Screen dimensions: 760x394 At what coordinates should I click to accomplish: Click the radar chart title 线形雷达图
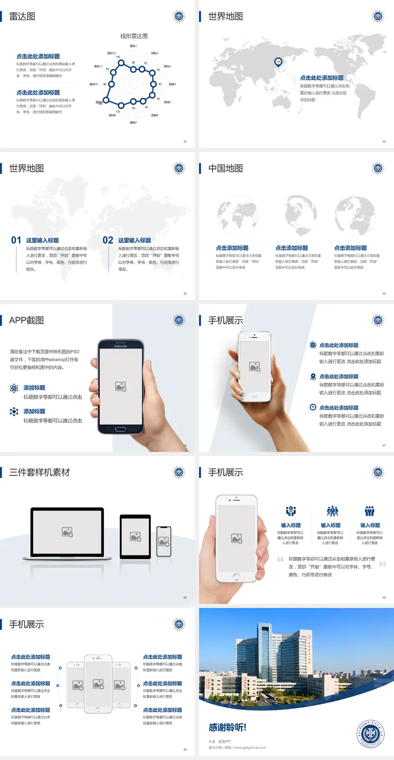coord(134,36)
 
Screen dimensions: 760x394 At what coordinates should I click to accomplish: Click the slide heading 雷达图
coord(22,16)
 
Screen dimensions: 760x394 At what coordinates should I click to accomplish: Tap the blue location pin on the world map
coord(278,62)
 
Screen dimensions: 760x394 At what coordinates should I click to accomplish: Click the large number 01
coord(16,240)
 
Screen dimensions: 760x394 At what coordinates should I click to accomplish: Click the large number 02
coord(108,240)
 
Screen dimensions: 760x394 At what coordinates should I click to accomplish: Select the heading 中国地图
coord(225,168)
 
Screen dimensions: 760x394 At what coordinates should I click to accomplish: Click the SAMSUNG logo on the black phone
coord(121,346)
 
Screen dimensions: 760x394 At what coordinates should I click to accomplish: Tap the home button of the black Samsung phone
coord(120,429)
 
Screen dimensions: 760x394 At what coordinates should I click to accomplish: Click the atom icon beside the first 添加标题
coord(14,388)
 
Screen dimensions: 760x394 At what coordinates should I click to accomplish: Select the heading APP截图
coord(27,320)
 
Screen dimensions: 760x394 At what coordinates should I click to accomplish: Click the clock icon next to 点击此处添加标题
coord(313,407)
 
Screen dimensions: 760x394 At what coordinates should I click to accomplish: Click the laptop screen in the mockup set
coord(67,532)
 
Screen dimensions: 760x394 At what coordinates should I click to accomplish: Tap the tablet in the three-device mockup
coord(135,536)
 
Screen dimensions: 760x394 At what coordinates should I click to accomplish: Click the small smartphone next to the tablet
coord(164,541)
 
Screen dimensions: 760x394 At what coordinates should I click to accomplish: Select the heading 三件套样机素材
coord(39,472)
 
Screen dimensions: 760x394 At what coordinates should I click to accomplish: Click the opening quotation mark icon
coord(280,559)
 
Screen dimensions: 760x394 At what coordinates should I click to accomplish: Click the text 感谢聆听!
coord(227,728)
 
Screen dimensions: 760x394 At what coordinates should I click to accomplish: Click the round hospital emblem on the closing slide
coord(370,733)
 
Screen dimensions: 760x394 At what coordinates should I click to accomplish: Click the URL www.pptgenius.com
coord(250,748)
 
